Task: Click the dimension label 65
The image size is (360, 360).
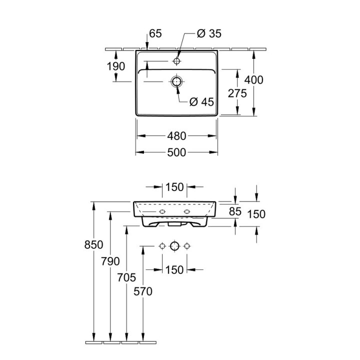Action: point(155,34)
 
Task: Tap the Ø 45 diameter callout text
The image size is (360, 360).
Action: point(202,102)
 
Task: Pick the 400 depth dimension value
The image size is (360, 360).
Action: point(253,79)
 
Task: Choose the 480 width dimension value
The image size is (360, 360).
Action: point(176,136)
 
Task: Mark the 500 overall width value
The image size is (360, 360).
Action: point(176,152)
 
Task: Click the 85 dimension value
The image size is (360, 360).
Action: point(235,212)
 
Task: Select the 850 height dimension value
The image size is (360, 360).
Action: point(93,245)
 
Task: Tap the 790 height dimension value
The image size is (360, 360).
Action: point(110,261)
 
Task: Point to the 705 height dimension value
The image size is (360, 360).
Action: point(127,277)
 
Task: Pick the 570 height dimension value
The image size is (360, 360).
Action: point(143,291)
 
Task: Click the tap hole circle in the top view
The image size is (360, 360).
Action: point(176,61)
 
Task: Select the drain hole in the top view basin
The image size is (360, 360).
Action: point(176,81)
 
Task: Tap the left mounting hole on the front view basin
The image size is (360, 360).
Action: point(162,212)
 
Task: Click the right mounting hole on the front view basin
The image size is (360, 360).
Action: point(187,212)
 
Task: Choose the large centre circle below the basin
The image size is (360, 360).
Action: point(174,246)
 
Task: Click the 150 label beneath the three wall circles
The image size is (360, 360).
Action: point(174,270)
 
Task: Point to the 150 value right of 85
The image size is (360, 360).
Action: point(256,214)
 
